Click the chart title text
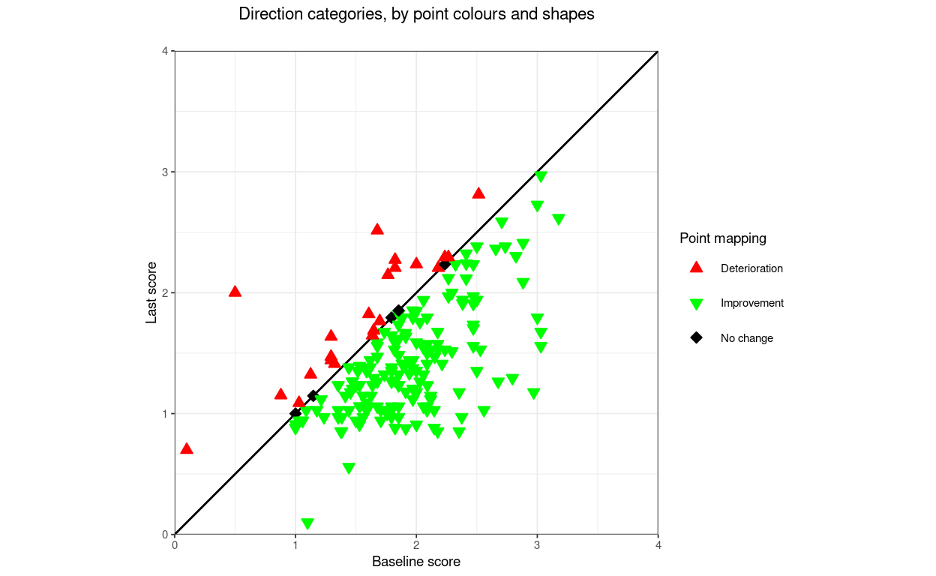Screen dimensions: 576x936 416,14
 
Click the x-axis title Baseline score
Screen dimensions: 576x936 415,562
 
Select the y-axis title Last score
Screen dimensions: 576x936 151,292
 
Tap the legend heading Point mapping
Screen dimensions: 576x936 723,238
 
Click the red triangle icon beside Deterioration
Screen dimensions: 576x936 696,268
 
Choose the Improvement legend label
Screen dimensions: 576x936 751,303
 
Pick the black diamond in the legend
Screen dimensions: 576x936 696,338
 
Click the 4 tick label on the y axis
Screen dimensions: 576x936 166,51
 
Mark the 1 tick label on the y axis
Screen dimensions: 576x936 166,413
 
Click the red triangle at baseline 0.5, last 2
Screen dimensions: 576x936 235,291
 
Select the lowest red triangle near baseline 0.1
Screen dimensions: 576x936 187,448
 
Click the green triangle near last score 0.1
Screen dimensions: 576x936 307,523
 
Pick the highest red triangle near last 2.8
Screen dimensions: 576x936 478,193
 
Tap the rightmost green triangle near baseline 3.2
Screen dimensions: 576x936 558,220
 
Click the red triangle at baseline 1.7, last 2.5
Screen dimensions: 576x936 377,229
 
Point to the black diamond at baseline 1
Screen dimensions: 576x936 295,413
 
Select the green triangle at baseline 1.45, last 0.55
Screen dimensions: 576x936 349,469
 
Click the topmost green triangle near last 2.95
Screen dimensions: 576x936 541,177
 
